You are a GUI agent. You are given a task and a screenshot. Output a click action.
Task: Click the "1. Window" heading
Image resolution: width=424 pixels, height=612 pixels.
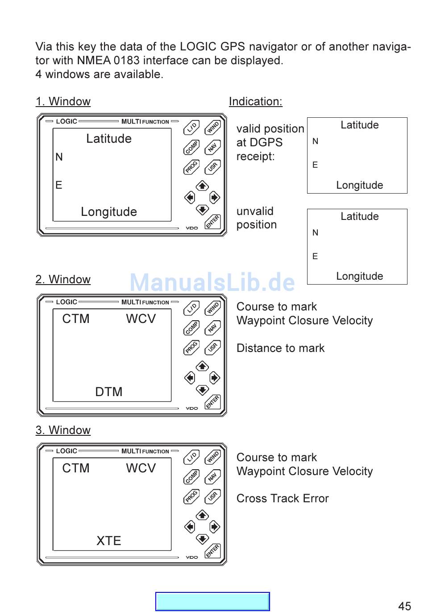(x=63, y=102)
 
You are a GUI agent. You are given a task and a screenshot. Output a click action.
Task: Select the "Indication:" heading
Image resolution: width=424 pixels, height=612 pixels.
(x=255, y=102)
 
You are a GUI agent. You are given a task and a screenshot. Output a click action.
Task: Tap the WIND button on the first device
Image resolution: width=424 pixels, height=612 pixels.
(x=213, y=128)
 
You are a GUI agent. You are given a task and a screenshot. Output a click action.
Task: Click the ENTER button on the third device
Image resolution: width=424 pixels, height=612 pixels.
(x=213, y=551)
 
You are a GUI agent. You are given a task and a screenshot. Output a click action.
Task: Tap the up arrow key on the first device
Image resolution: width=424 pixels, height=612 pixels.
(x=202, y=186)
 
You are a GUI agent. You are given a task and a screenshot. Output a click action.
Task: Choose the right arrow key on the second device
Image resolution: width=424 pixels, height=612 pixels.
(x=215, y=378)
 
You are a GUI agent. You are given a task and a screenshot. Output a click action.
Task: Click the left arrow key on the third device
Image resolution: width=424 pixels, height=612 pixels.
(x=190, y=527)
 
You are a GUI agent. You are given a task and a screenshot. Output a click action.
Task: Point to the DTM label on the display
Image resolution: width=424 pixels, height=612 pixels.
(x=108, y=392)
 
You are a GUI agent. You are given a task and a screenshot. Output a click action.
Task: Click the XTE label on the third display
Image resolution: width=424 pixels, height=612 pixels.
(x=108, y=541)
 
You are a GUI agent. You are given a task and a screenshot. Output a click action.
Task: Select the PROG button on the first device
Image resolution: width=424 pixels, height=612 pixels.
(x=191, y=167)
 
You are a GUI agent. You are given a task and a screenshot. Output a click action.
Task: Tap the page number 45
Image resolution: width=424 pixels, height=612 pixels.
(x=404, y=606)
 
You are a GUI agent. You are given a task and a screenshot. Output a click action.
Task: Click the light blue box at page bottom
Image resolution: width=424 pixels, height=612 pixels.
(x=212, y=601)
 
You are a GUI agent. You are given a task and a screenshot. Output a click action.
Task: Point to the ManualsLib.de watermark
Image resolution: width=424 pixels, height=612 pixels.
(x=212, y=282)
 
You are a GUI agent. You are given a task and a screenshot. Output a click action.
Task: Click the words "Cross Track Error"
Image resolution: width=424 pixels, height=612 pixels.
(x=283, y=499)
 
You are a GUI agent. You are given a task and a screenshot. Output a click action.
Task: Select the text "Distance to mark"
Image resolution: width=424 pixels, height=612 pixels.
(x=280, y=348)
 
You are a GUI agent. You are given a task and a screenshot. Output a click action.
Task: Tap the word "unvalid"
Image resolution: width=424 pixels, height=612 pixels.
(x=255, y=211)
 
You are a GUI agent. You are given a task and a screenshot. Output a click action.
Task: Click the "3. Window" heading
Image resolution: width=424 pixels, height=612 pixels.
(x=63, y=430)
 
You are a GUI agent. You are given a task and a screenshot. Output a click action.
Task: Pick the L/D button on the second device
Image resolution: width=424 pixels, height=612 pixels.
(x=191, y=308)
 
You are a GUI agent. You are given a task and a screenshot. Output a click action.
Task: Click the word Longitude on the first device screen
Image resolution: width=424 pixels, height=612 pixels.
(x=108, y=212)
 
